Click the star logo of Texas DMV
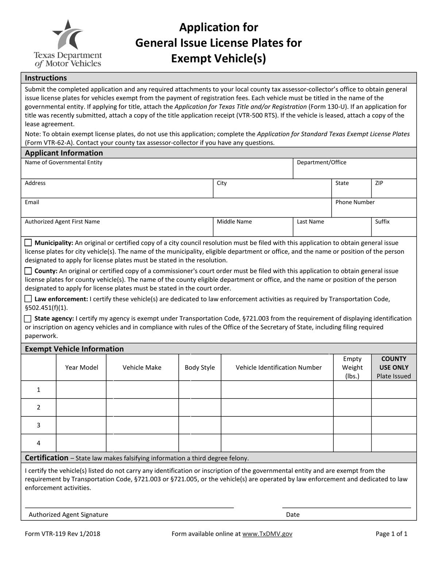(x=68, y=35)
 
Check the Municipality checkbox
(x=28, y=243)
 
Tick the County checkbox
(x=28, y=271)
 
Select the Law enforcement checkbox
(x=28, y=299)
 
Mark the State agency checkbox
(x=28, y=319)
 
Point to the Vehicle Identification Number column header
(x=278, y=367)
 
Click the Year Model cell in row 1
(x=81, y=390)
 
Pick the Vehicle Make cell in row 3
(x=142, y=425)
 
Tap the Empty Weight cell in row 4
(x=352, y=443)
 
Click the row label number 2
(x=38, y=407)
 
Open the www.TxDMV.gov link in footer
(x=267, y=534)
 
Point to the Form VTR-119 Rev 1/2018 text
(x=62, y=534)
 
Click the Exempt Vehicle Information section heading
(x=74, y=349)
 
